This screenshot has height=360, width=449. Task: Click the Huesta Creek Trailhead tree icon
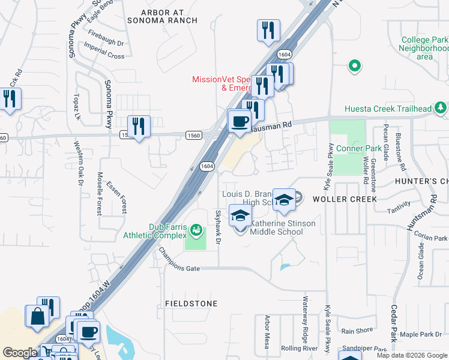point(441,109)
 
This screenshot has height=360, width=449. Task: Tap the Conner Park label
point(359,149)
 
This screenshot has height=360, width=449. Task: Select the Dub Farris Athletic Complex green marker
point(196,230)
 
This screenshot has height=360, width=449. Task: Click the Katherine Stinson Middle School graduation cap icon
point(240,216)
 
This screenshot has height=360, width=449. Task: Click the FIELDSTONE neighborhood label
point(191,304)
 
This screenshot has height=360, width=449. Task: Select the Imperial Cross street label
point(106,56)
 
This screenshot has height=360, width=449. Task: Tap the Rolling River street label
point(299,348)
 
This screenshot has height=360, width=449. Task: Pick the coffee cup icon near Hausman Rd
point(240,122)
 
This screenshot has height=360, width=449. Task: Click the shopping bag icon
point(37,316)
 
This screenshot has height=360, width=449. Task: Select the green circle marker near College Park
point(355,66)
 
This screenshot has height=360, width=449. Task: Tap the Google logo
point(20,353)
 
